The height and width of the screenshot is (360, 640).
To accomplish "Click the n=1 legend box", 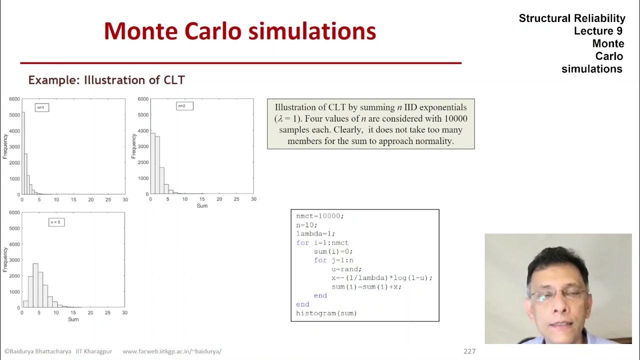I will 42,107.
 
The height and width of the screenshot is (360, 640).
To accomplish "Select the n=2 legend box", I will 184,106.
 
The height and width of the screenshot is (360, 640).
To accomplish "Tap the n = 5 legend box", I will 56,222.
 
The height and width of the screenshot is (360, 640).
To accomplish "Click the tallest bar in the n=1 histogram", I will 22,153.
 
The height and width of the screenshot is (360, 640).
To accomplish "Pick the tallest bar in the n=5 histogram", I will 35,285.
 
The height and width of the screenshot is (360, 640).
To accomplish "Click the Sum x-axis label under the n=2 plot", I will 202,205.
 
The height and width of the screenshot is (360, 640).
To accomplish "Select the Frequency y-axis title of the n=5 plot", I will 5,259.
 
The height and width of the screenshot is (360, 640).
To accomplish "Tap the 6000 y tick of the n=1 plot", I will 14,99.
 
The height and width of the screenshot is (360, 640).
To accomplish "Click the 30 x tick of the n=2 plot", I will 253,199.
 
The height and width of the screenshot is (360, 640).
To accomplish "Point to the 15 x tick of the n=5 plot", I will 73,312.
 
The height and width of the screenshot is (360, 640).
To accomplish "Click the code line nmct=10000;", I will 320,216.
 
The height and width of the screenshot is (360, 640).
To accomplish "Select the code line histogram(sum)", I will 326,313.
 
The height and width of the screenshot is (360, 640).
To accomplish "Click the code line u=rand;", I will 346,269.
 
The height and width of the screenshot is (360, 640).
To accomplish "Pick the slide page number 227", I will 469,351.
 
